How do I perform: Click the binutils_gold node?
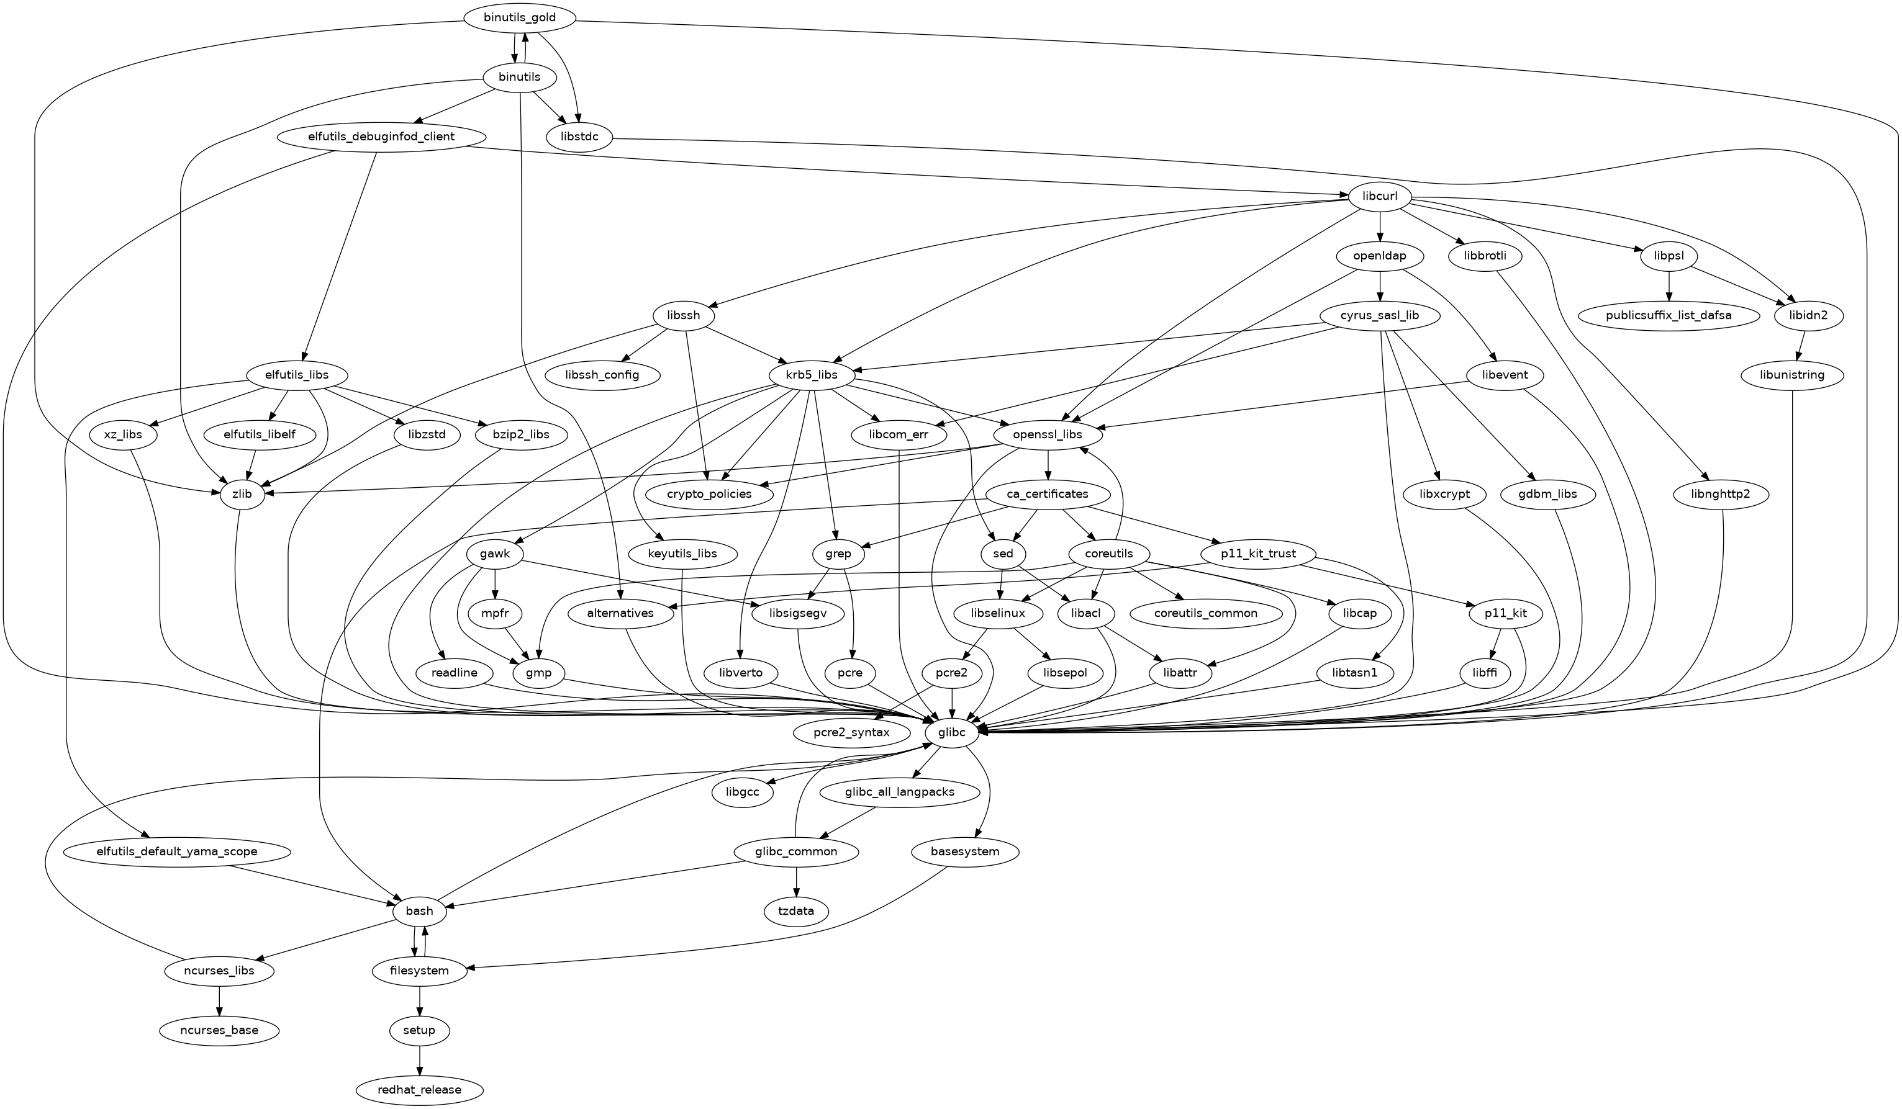(520, 18)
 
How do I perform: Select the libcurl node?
(1380, 197)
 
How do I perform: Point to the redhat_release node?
(420, 1089)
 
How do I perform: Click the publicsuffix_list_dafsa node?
(1669, 315)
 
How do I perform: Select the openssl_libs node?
(1048, 434)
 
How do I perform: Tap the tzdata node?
(796, 910)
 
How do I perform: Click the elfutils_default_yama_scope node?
(178, 851)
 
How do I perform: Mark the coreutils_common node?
(1205, 613)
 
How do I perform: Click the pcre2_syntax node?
(851, 732)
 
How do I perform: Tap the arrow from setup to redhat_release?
(420, 1059)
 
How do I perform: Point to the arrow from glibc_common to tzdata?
(796, 881)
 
